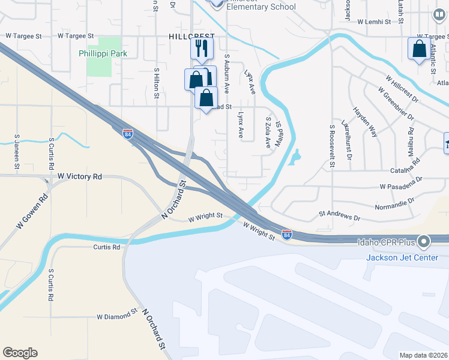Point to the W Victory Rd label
pyautogui.click(x=80, y=177)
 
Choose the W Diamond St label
pyautogui.click(x=117, y=316)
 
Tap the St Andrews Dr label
pyautogui.click(x=340, y=213)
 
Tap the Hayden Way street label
pyautogui.click(x=364, y=122)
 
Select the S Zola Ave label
pyautogui.click(x=268, y=133)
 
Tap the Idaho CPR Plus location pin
pyautogui.click(x=424, y=242)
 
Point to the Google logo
pyautogui.click(x=20, y=353)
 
